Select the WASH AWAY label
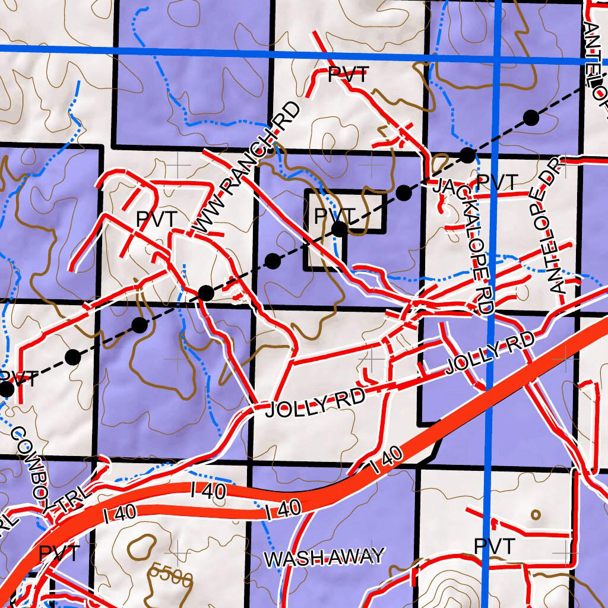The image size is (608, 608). point(324,558)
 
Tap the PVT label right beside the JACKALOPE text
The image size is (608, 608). point(498,182)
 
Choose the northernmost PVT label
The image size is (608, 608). point(348,75)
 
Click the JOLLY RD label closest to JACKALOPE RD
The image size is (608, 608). point(490,354)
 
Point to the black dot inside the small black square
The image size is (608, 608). point(339,229)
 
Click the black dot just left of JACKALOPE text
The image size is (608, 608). point(404,192)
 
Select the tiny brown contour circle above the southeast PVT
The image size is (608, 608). point(536,515)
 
